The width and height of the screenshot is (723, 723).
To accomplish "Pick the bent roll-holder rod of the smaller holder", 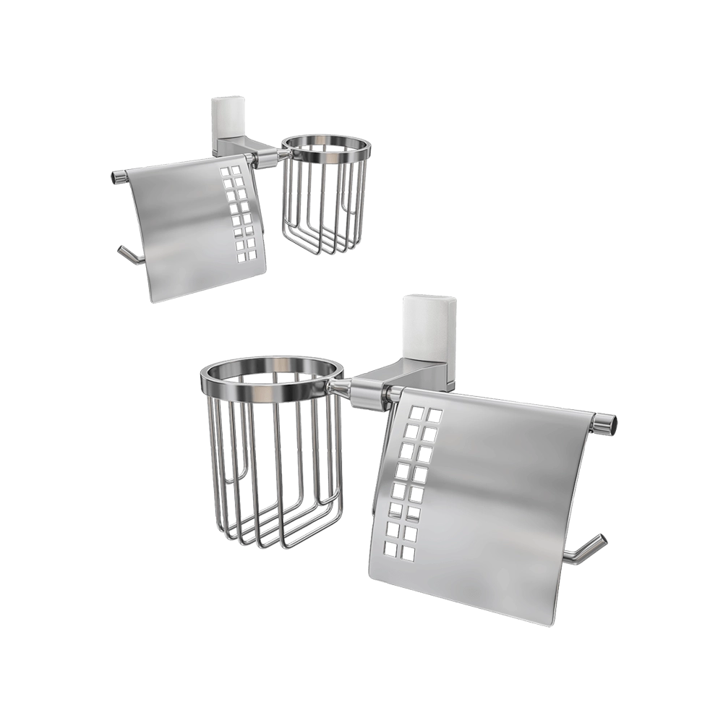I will pos(128,254).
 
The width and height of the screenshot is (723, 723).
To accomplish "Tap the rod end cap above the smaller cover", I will pos(116,176).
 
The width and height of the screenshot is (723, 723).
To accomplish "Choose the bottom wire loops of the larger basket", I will pos(282,531).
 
